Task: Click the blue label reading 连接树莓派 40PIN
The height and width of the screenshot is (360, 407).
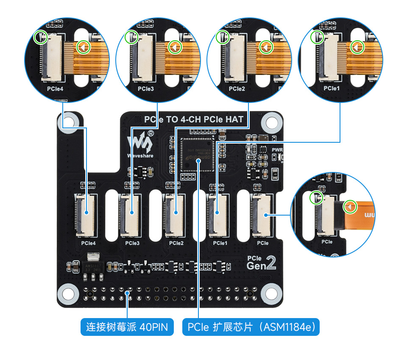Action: coord(127,327)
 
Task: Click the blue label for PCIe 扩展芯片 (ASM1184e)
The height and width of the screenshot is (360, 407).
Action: coord(251,327)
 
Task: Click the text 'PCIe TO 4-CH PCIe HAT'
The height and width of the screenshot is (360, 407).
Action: coord(194,119)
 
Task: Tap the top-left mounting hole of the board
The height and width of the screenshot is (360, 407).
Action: coord(67,126)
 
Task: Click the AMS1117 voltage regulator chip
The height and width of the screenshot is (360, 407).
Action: coord(93,268)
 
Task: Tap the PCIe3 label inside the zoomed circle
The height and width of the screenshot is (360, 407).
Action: coord(146,89)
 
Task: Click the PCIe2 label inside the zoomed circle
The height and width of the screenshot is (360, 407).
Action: coord(237,89)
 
